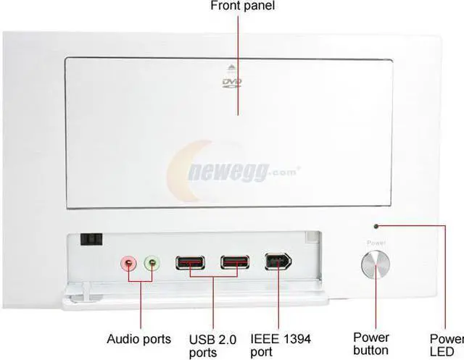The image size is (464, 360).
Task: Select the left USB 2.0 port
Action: pyautogui.click(x=191, y=262)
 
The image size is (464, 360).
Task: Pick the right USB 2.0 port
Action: pyautogui.click(x=236, y=262)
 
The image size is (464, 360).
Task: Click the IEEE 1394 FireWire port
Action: pyautogui.click(x=278, y=262)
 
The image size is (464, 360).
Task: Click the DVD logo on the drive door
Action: pyautogui.click(x=230, y=83)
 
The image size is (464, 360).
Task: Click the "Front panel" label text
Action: pyautogui.click(x=243, y=7)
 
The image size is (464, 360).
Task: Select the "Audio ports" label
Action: pyautogui.click(x=139, y=338)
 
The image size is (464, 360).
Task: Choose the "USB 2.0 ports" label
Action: pyautogui.click(x=214, y=345)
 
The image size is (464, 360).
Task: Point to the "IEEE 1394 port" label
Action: pyautogui.click(x=281, y=345)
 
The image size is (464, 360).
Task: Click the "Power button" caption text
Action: pyautogui.click(x=371, y=344)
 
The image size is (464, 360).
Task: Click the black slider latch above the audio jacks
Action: pyautogui.click(x=92, y=239)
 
